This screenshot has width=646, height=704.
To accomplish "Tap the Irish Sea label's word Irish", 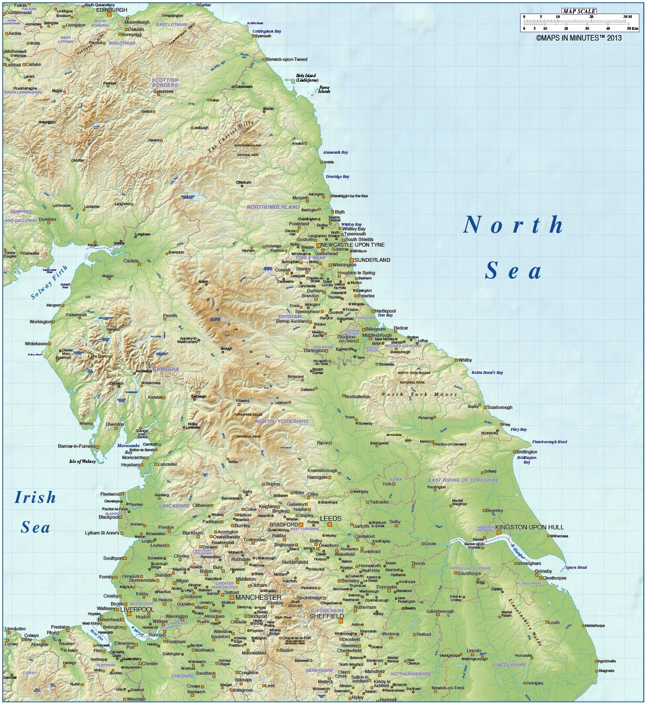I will coord(35,497).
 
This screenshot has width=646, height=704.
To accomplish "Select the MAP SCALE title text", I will coord(578,11).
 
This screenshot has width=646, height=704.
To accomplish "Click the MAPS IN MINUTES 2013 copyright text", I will coord(578,38).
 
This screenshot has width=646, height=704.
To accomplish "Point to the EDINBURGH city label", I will coord(112,10).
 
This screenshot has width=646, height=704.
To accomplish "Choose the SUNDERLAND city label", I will coord(372,260).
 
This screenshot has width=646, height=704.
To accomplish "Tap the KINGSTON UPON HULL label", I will coord(529,527).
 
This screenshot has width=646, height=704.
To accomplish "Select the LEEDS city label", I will coord(331,518).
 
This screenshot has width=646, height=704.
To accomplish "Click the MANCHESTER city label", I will coord(259,597).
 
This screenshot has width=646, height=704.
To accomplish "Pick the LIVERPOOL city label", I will coord(137,609).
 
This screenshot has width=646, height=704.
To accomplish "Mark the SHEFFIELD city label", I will coord(327,616).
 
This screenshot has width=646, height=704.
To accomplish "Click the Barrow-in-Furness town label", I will coord(77,446).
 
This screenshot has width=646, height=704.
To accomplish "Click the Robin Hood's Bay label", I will coord(487,372).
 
